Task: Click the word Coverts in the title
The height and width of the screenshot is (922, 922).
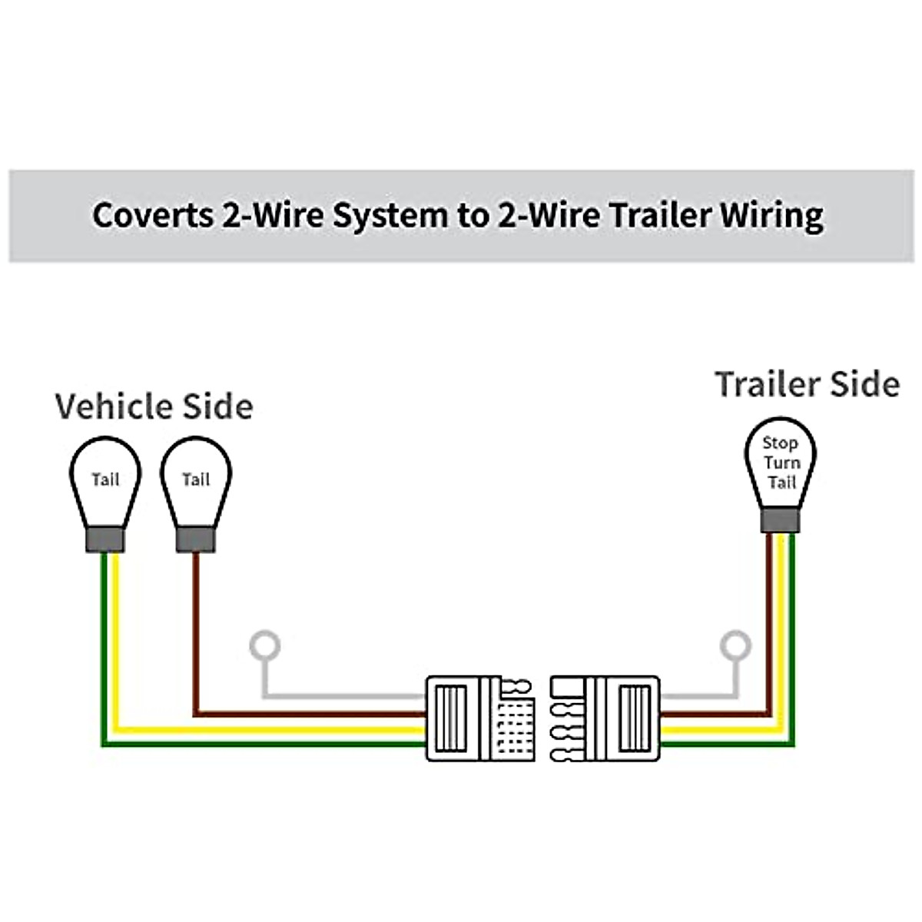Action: (x=152, y=215)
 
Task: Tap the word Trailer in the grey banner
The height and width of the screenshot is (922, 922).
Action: (x=658, y=215)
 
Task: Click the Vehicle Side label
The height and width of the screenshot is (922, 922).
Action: (x=154, y=406)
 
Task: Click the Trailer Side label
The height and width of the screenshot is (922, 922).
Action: (x=807, y=383)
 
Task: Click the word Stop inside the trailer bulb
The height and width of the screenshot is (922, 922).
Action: (x=780, y=443)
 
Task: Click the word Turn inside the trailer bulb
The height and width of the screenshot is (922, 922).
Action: (x=782, y=463)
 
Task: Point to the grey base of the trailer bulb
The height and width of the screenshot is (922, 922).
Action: (x=780, y=522)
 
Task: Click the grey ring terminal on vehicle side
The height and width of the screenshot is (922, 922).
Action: (x=265, y=646)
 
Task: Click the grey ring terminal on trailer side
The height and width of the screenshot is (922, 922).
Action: (x=735, y=646)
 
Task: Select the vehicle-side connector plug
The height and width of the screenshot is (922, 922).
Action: (x=479, y=718)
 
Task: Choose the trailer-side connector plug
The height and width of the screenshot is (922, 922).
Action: (x=605, y=718)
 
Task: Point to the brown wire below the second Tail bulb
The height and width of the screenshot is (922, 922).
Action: (x=196, y=630)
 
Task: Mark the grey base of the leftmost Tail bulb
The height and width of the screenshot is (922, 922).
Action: (x=104, y=540)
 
